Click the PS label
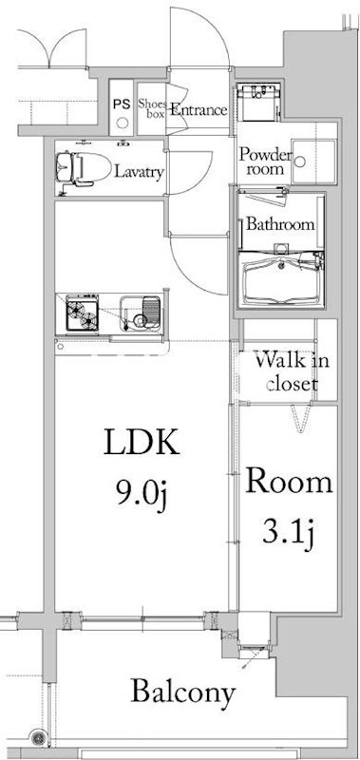[122, 104]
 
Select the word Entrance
[199, 110]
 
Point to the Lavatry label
[139, 172]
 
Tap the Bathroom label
[280, 224]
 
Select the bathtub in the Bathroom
[282, 281]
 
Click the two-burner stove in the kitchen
[82, 313]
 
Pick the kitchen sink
[141, 313]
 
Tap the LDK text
[142, 443]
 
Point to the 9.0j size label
[141, 493]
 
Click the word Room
[290, 482]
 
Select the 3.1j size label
[290, 533]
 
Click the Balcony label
[183, 692]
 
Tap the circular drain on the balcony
[38, 738]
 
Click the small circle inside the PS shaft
[123, 123]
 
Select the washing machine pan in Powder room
[314, 161]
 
